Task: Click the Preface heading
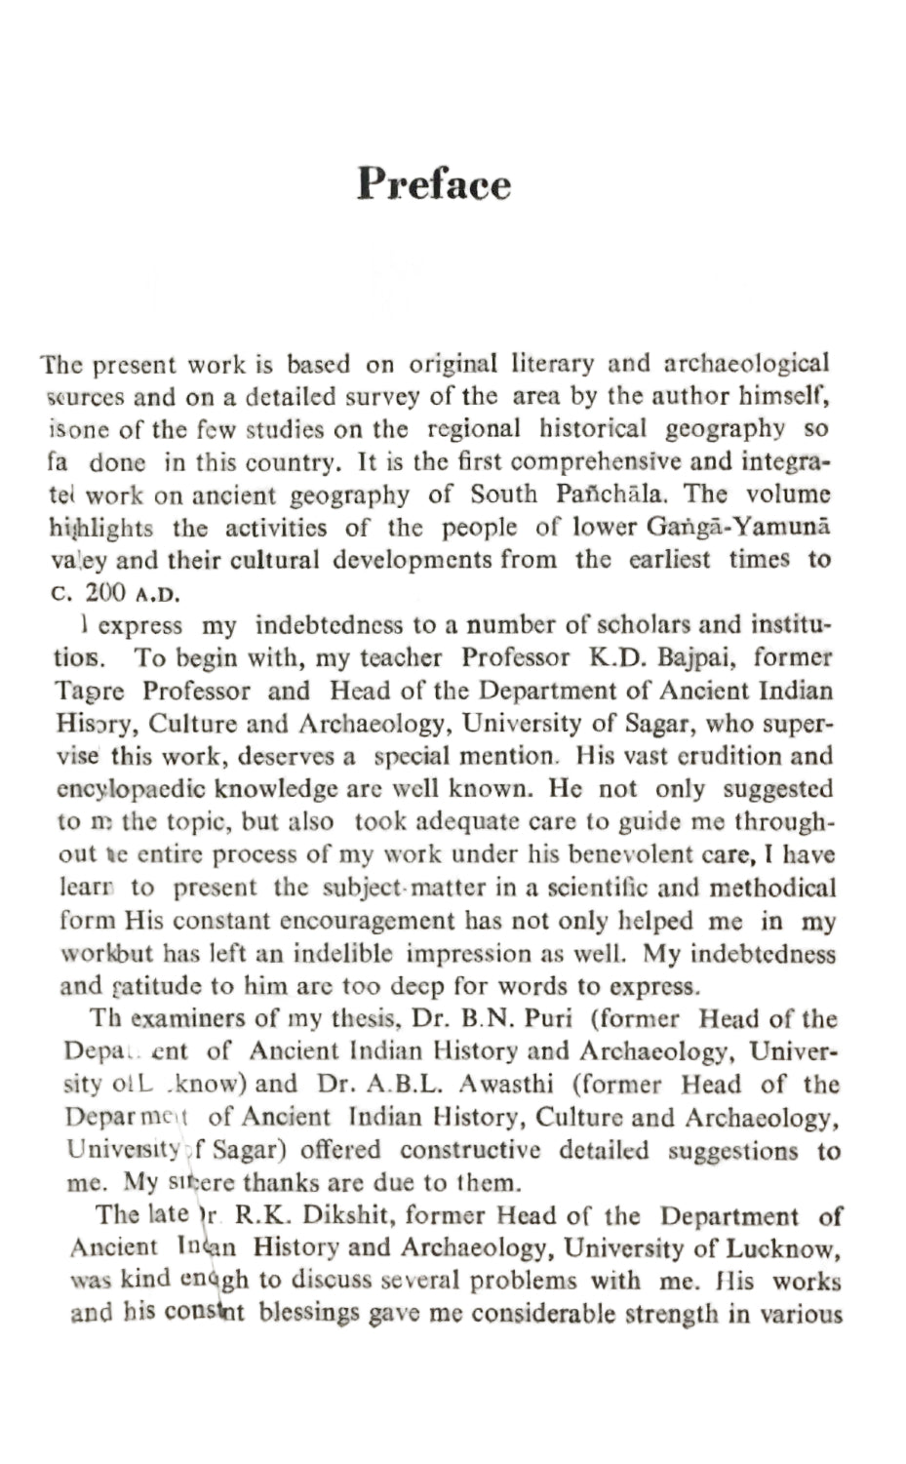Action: [x=433, y=183]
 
